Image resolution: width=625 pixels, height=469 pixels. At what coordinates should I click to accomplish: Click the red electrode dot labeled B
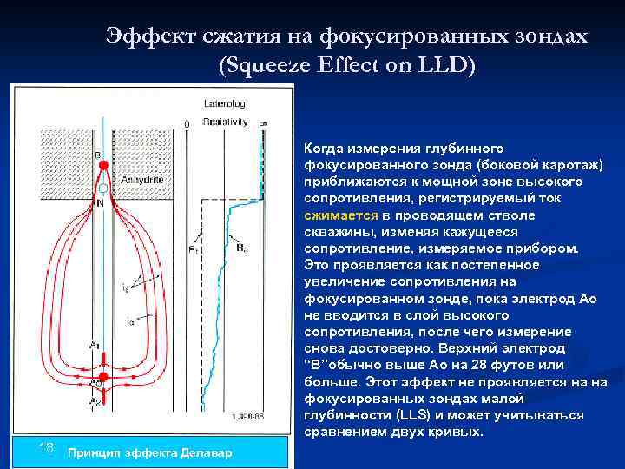tap(101, 163)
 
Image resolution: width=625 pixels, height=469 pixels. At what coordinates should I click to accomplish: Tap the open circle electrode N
tap(102, 188)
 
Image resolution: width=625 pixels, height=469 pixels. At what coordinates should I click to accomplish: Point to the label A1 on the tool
tap(94, 346)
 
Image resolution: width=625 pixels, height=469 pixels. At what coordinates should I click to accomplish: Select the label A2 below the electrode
tap(94, 401)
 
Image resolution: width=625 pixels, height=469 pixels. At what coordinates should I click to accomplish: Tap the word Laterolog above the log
tap(224, 103)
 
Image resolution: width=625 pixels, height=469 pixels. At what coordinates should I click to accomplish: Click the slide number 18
tap(47, 447)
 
